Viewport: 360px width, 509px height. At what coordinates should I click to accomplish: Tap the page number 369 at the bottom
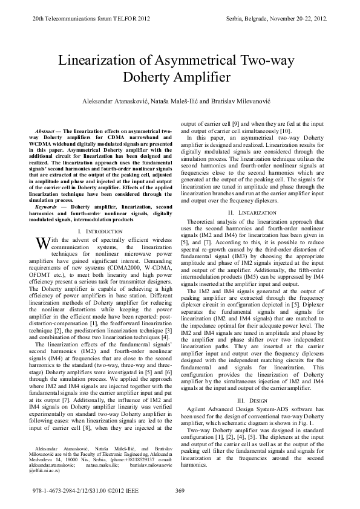(x=179, y=490)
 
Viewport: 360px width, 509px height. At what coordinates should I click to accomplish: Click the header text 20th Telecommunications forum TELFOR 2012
(x=90, y=19)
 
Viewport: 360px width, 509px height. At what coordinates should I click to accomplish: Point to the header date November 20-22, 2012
(x=298, y=19)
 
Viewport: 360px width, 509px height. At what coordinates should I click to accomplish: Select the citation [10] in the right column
(x=284, y=131)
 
